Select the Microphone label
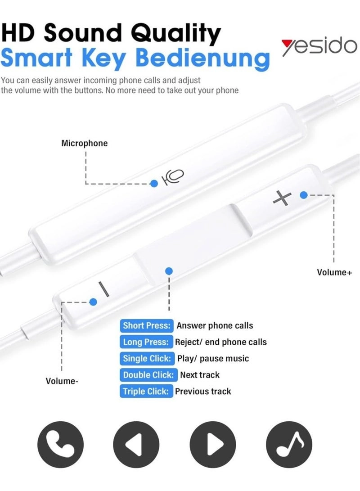click(85, 144)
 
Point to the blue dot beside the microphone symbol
click(154, 183)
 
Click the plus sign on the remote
click(282, 198)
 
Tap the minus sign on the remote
click(104, 289)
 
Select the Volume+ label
click(334, 272)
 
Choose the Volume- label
click(62, 381)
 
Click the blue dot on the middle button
click(169, 271)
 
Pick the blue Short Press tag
click(147, 325)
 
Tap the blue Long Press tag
click(146, 342)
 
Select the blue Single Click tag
click(147, 358)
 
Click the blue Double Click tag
click(148, 374)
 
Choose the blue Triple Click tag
click(146, 391)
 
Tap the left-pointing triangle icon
click(136, 445)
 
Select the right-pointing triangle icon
click(213, 445)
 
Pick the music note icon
click(289, 445)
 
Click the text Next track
click(200, 374)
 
